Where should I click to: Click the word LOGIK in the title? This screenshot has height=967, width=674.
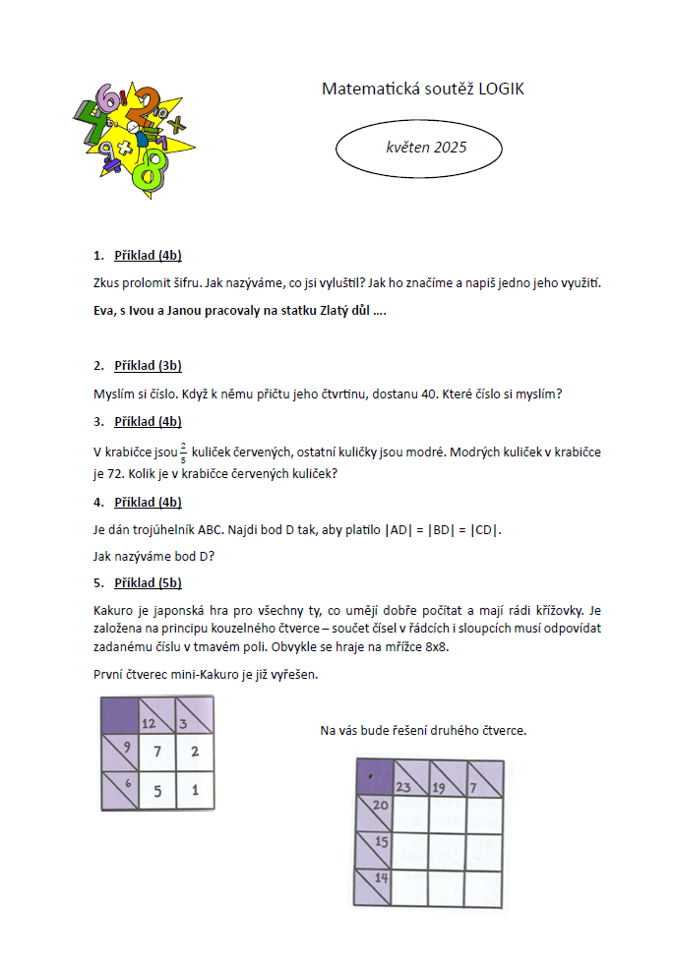click(x=501, y=89)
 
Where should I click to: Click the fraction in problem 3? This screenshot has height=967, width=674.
click(x=183, y=452)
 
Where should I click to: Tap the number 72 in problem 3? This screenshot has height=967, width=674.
click(x=115, y=474)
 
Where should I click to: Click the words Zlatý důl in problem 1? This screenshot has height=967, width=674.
click(x=340, y=311)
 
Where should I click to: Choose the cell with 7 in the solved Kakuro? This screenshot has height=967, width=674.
click(x=157, y=752)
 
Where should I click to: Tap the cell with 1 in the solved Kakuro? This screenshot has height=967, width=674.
click(x=195, y=790)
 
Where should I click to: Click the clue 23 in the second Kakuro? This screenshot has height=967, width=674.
click(x=403, y=786)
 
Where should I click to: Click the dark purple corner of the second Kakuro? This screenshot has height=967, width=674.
click(x=372, y=775)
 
